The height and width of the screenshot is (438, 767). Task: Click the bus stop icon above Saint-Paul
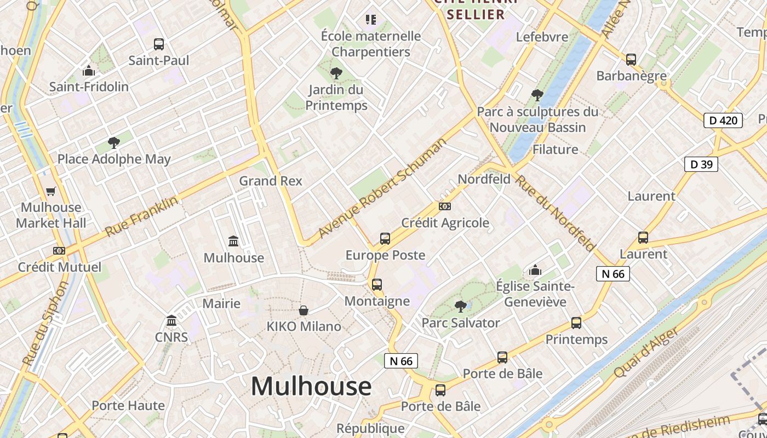pyautogui.click(x=159, y=44)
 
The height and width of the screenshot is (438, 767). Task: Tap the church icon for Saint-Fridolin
pyautogui.click(x=89, y=71)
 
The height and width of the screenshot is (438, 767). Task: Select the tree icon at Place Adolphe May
pyautogui.click(x=114, y=143)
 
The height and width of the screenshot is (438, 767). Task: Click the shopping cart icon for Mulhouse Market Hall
pyautogui.click(x=51, y=191)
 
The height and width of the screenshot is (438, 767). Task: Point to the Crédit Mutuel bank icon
pyautogui.click(x=59, y=251)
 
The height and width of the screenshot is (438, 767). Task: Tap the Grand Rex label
pyautogui.click(x=271, y=181)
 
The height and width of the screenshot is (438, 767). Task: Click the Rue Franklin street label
pyautogui.click(x=141, y=216)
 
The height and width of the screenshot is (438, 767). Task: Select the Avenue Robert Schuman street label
pyautogui.click(x=382, y=188)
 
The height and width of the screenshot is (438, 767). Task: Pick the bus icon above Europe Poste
pyautogui.click(x=385, y=239)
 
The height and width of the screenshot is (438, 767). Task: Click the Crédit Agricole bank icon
pyautogui.click(x=445, y=206)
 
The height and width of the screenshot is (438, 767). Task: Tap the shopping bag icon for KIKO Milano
pyautogui.click(x=304, y=310)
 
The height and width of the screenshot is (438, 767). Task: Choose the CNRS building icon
pyautogui.click(x=171, y=320)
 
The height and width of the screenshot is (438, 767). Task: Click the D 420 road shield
pyautogui.click(x=723, y=120)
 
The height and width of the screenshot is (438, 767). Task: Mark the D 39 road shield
pyautogui.click(x=701, y=164)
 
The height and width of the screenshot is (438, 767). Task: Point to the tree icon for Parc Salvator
pyautogui.click(x=461, y=306)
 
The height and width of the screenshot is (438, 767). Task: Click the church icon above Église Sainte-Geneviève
pyautogui.click(x=535, y=270)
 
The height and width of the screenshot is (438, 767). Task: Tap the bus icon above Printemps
pyautogui.click(x=576, y=323)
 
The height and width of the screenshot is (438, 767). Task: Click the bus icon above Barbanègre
pyautogui.click(x=631, y=60)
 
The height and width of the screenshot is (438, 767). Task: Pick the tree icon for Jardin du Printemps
pyautogui.click(x=336, y=73)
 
